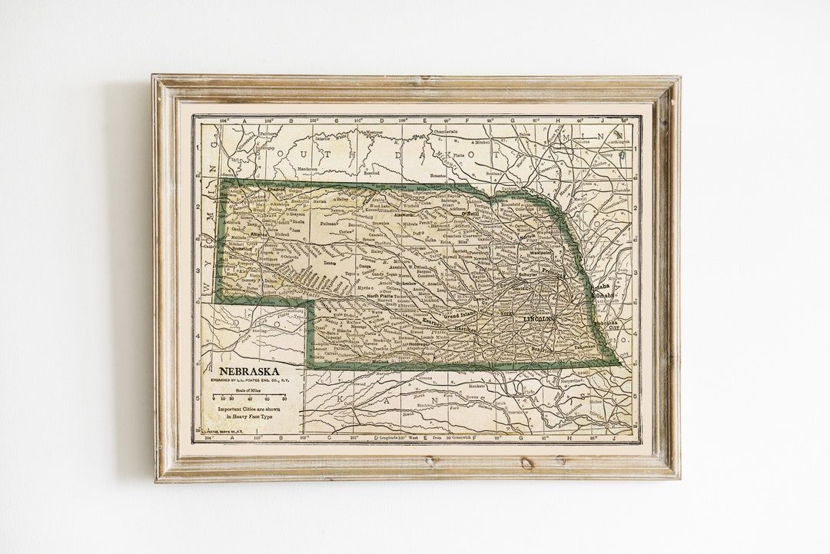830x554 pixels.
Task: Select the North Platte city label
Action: pyautogui.click(x=380, y=296)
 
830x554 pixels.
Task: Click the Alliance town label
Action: pyautogui.click(x=259, y=234)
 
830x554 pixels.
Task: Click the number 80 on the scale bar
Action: pyautogui.click(x=284, y=400)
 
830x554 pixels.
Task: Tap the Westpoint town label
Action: pyautogui.click(x=539, y=251)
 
